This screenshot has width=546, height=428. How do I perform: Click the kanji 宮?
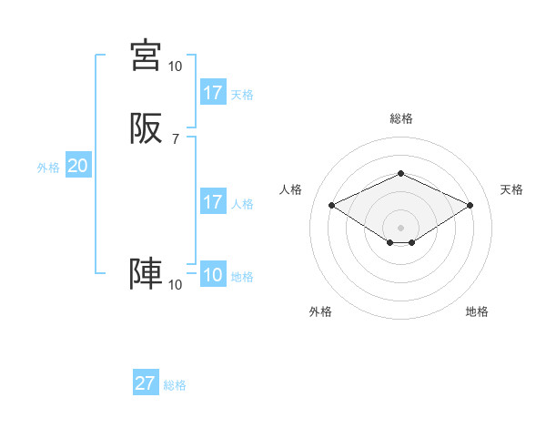146,56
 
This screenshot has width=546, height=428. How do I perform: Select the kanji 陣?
146,273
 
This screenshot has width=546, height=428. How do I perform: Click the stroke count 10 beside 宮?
175,66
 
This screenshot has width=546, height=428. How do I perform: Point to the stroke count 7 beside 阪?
175,138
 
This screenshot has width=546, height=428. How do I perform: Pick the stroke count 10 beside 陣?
175,285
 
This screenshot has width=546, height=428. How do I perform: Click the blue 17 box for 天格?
213,93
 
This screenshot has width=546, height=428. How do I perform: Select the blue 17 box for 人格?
213,202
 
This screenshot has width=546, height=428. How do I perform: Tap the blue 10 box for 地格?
213,276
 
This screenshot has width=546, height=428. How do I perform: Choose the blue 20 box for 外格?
77,167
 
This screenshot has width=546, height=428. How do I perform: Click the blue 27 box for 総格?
146,383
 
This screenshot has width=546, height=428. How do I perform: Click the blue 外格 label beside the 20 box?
48,168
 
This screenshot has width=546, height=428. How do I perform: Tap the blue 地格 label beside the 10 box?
242,277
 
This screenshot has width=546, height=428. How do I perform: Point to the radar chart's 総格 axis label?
400,118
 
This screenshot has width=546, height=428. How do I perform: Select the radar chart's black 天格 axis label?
511,189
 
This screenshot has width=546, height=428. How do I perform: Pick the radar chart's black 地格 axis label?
477,311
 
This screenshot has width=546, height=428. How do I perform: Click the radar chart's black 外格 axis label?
320,311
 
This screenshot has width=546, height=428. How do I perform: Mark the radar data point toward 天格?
470,205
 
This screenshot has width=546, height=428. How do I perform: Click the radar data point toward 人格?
331,205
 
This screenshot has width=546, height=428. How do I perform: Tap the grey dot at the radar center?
400,227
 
